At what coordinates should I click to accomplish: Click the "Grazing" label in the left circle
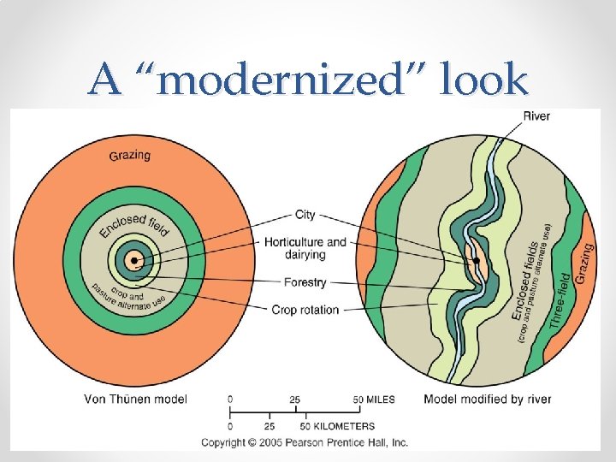click(x=129, y=155)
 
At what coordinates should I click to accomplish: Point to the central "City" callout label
click(x=305, y=214)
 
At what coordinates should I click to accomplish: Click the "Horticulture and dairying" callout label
click(x=305, y=248)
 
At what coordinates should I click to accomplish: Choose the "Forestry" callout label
click(x=305, y=281)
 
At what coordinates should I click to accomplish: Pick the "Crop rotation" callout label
click(x=305, y=310)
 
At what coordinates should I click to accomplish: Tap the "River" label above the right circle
click(x=536, y=116)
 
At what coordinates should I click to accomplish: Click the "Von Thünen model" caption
click(x=135, y=399)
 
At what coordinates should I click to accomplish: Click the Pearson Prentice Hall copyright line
click(x=305, y=442)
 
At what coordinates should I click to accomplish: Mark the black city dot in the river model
click(x=476, y=260)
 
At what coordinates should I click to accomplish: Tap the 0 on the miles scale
click(x=230, y=400)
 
